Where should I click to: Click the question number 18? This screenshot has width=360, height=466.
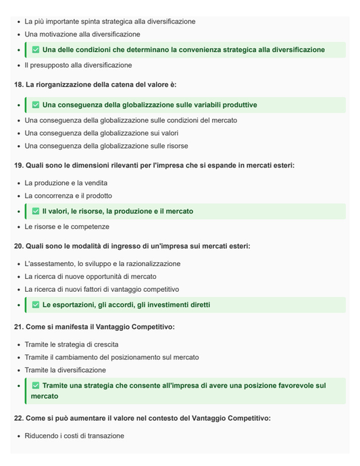pyautogui.click(x=19, y=84)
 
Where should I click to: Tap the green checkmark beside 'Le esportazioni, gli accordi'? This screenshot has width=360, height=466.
pyautogui.click(x=36, y=305)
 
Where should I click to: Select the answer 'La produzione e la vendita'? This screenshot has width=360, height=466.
pyautogui.click(x=66, y=183)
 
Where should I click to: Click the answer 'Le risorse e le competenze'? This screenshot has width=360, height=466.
pyautogui.click(x=67, y=227)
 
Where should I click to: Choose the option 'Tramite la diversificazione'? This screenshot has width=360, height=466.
pyautogui.click(x=65, y=370)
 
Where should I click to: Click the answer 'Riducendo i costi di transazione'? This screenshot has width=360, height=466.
pyautogui.click(x=74, y=436)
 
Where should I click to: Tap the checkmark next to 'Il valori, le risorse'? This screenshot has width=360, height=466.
pyautogui.click(x=36, y=211)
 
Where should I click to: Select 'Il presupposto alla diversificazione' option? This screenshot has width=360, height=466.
pyautogui.click(x=78, y=66)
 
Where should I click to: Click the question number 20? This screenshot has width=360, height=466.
pyautogui.click(x=19, y=246)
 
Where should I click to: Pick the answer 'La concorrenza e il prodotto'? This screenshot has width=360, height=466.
pyautogui.click(x=68, y=196)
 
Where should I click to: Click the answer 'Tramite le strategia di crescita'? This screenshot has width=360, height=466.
pyautogui.click(x=72, y=344)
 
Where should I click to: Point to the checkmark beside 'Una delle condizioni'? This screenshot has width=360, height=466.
pyautogui.click(x=36, y=50)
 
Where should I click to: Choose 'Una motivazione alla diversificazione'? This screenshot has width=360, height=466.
pyautogui.click(x=82, y=34)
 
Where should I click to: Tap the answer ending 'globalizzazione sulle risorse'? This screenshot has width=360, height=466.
pyautogui.click(x=106, y=146)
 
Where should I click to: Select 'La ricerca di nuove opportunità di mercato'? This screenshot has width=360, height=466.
pyautogui.click(x=91, y=277)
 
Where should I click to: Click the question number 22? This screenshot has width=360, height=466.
pyautogui.click(x=19, y=418)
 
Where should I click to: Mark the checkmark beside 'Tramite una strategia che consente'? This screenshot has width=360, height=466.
pyautogui.click(x=36, y=386)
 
